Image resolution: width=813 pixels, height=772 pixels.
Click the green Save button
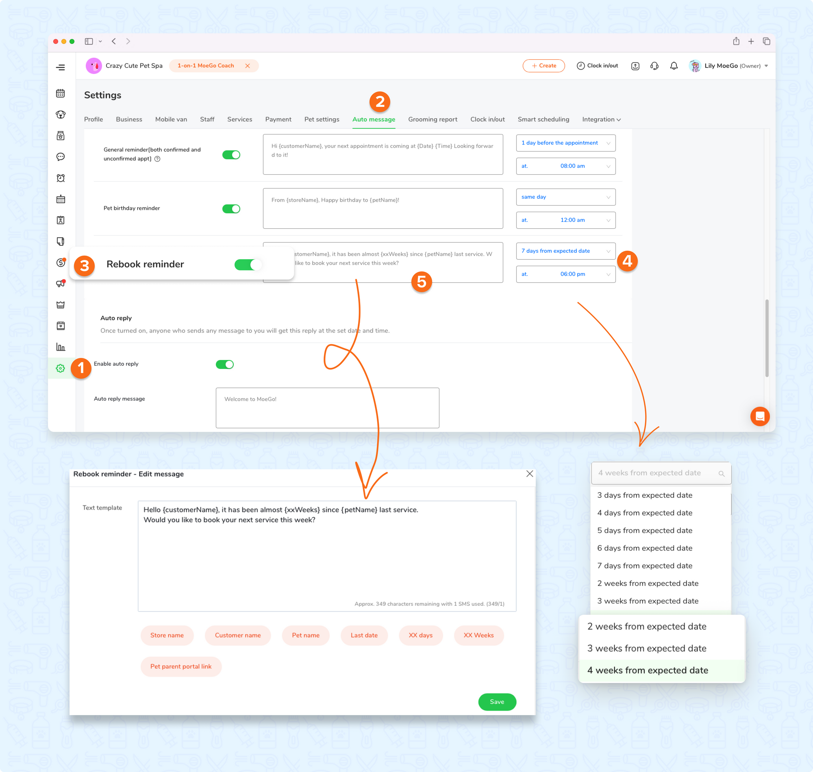[x=497, y=702]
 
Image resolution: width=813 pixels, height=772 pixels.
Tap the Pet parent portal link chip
[x=181, y=666]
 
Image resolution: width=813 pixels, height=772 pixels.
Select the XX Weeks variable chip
[x=478, y=635]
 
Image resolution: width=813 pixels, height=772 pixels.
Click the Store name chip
[x=167, y=635]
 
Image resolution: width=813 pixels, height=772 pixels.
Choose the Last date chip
[x=364, y=635]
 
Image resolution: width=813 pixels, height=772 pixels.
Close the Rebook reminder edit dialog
[x=529, y=474]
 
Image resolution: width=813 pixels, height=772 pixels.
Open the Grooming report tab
[x=432, y=119]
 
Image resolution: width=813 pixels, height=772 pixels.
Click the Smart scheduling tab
[x=543, y=119]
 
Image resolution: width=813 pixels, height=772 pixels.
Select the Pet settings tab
[x=322, y=119]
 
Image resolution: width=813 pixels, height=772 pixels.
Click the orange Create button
[x=543, y=66]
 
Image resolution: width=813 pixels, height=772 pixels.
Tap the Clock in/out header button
[x=597, y=66]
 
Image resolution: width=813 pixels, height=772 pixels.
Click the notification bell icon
[x=674, y=66]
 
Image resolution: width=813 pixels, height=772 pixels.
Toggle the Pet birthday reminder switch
[x=231, y=208]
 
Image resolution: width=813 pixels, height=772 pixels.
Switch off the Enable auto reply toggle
[x=224, y=364]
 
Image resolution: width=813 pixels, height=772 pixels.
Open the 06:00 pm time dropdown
[x=565, y=274]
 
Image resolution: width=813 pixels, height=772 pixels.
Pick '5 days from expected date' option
[x=644, y=530]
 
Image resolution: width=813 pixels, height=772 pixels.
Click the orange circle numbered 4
[x=627, y=261]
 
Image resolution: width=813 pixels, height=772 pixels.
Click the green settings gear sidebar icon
[x=61, y=368]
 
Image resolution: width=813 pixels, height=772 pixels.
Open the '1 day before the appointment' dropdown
[x=565, y=143]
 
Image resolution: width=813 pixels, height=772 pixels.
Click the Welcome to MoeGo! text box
[x=327, y=408]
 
